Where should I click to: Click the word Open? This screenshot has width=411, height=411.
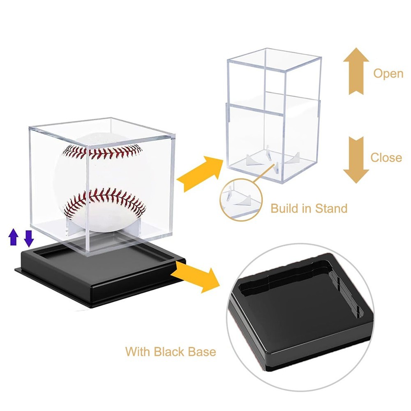point(388,74)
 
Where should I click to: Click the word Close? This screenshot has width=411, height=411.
point(386,157)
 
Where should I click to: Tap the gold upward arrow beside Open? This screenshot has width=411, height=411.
point(356,71)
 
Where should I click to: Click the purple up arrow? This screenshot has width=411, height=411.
point(14,238)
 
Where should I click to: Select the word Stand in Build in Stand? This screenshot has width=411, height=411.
point(331,208)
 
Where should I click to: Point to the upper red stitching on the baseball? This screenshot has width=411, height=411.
point(103,152)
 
